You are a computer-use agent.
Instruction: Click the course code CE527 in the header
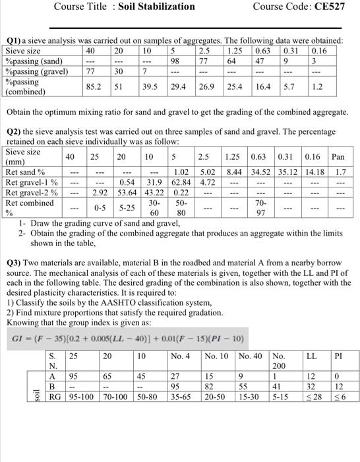tap(332, 7)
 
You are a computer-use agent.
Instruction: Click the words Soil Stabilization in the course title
tap(158, 7)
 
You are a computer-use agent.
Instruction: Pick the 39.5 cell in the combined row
tap(152, 86)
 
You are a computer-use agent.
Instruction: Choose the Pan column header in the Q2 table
tap(338, 157)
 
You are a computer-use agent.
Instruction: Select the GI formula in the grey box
tap(128, 339)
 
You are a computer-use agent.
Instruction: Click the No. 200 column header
tap(279, 362)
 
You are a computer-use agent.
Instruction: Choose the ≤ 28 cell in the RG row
tap(313, 397)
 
